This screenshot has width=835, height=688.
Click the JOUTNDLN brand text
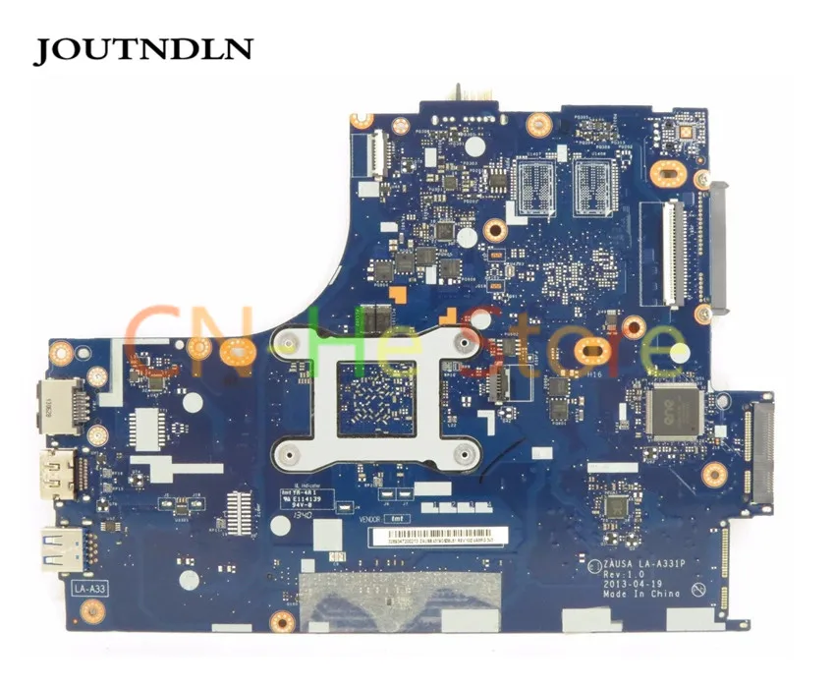pyautogui.click(x=143, y=50)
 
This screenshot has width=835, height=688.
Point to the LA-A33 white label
pyautogui.click(x=89, y=588)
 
